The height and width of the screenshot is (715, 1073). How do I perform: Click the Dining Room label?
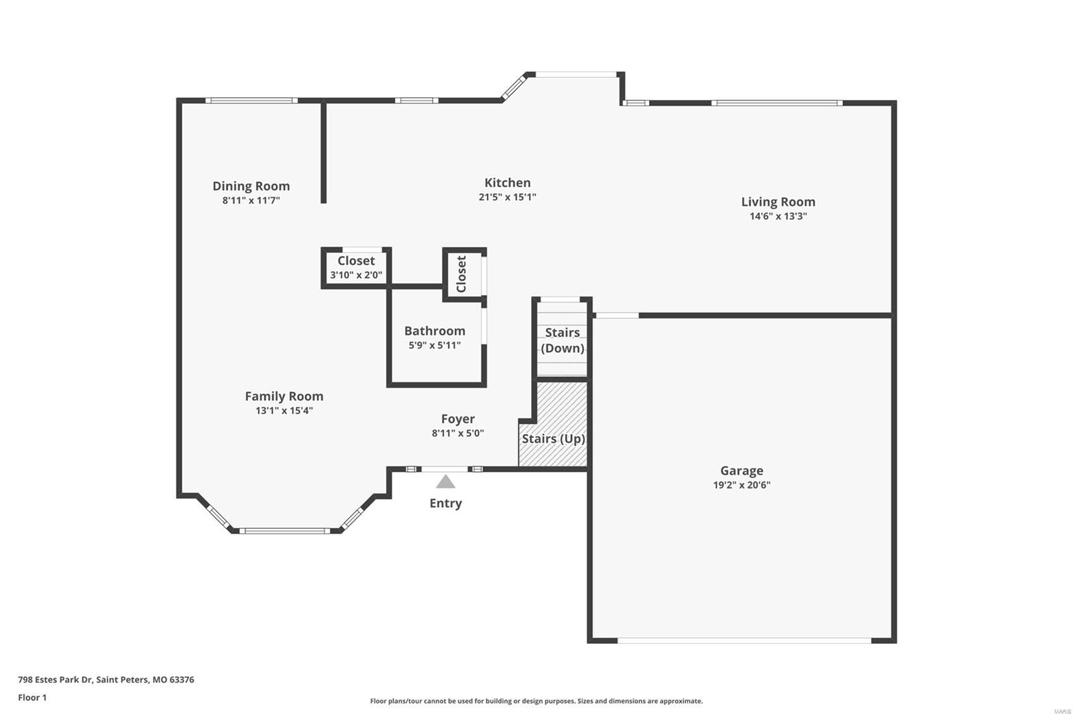[x=251, y=186]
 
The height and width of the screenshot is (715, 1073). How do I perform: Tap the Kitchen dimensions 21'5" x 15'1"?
[x=507, y=197]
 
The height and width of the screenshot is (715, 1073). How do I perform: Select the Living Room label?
[x=778, y=201]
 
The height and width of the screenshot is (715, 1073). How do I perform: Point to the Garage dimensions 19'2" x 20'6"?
[x=741, y=485]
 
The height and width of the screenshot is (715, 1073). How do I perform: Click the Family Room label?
[x=284, y=396]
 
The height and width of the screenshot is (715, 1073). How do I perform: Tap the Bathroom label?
[x=435, y=331]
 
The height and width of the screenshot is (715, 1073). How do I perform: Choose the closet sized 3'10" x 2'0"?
[x=355, y=267]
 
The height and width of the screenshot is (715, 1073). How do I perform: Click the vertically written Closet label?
[x=461, y=274]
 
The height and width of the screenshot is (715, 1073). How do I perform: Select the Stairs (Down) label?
[x=562, y=340]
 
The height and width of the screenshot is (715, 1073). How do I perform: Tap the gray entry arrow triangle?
[x=445, y=482]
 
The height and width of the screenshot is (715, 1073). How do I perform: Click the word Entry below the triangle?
[x=445, y=503]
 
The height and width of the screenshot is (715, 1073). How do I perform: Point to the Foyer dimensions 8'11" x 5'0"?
[x=457, y=433]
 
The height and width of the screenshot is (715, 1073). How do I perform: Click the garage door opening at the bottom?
[x=744, y=641]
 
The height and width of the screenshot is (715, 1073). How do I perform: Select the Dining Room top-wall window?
[x=251, y=101]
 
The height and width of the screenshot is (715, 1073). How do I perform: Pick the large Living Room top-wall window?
[x=777, y=103]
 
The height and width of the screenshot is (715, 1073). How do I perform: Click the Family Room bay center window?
[x=285, y=531]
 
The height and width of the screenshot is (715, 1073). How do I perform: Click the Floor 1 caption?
[x=32, y=698]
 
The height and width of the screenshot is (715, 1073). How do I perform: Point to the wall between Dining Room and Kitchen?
[x=323, y=152]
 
